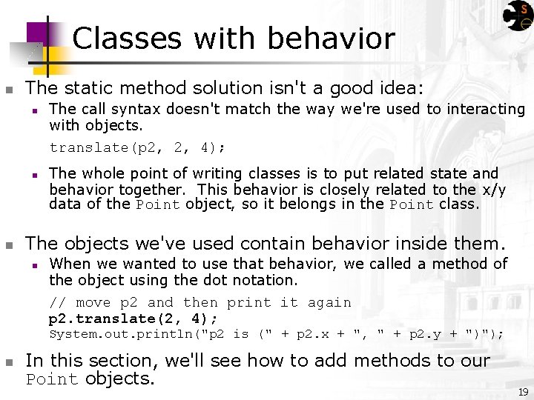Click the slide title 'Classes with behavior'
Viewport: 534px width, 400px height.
click(234, 39)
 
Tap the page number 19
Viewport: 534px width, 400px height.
click(523, 392)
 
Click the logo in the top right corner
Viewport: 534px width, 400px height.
click(517, 16)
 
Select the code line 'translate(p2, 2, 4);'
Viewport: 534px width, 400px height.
click(137, 147)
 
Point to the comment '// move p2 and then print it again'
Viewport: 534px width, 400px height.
click(200, 302)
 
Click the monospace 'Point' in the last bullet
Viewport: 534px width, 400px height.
click(52, 380)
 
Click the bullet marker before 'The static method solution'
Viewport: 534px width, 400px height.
click(8, 90)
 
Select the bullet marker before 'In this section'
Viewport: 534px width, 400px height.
click(8, 362)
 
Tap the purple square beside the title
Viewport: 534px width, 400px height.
click(42, 33)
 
